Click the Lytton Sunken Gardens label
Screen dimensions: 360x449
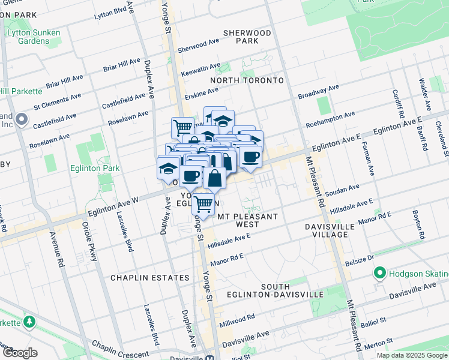[28, 37]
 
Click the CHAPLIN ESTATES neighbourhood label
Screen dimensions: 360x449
[150, 278]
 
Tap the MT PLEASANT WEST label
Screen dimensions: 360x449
[247, 220]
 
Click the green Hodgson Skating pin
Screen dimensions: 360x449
[379, 274]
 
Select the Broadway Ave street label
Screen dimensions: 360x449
[319, 92]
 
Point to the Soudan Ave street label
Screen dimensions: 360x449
[342, 191]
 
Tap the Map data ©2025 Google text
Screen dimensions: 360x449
[411, 355]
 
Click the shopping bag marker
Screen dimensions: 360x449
[214, 178]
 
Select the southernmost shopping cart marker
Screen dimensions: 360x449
[203, 204]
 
